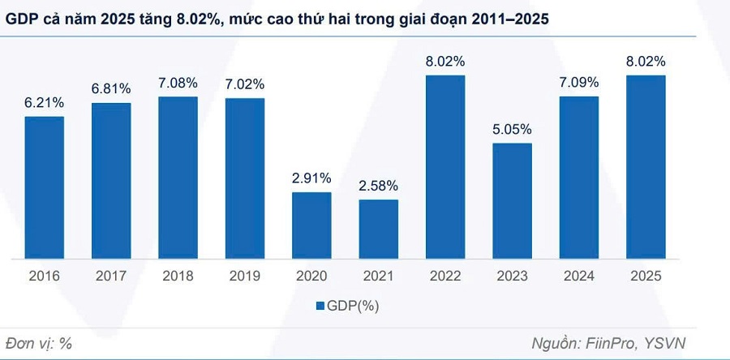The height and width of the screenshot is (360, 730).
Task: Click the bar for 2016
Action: click(44, 187)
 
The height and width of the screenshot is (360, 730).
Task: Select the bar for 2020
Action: click(311, 225)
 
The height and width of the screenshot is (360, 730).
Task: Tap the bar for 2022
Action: click(445, 166)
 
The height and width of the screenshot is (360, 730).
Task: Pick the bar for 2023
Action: click(512, 200)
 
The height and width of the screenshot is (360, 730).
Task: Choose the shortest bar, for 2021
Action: click(379, 229)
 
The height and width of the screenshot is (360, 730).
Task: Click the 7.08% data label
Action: click(178, 84)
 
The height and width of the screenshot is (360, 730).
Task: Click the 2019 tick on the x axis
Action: click(244, 276)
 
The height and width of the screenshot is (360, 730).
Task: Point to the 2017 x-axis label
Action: click(111, 276)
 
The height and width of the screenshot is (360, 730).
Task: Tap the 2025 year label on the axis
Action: click(646, 276)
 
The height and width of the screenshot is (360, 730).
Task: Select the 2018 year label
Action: click(178, 276)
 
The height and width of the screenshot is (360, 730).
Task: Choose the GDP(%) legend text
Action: click(354, 306)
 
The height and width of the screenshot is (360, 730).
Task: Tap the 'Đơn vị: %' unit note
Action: click(39, 342)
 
